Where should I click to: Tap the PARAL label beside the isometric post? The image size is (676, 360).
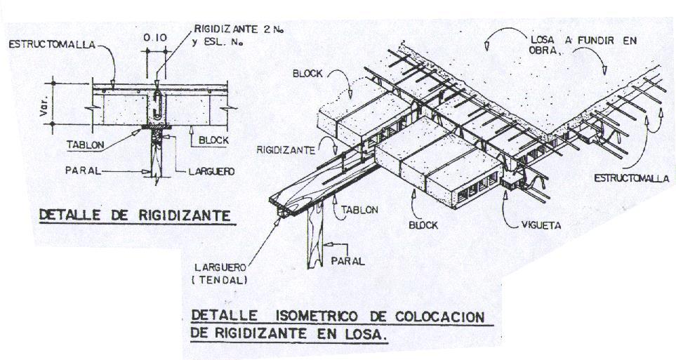point(350,261)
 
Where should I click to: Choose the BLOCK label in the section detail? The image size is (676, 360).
point(213,140)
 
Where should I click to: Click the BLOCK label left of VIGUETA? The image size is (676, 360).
point(423,226)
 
